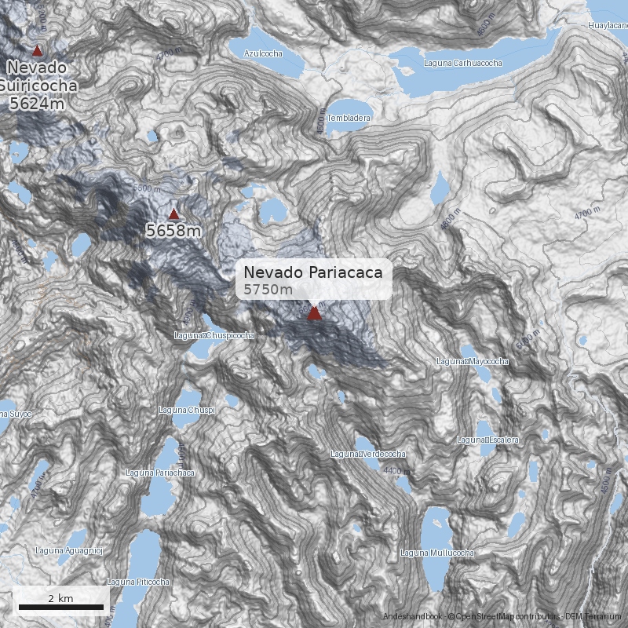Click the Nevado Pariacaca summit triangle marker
[314, 313]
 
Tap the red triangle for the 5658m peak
[173, 214]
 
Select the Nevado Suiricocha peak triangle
[37, 50]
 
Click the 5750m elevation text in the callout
[268, 290]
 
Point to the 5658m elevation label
[173, 231]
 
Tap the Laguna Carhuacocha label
[462, 62]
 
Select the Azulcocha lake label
[262, 53]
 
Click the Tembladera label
[349, 118]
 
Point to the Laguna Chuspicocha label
[214, 335]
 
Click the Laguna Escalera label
[487, 440]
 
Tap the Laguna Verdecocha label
[367, 454]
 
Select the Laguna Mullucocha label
[437, 553]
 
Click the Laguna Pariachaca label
[160, 473]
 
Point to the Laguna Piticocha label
[138, 582]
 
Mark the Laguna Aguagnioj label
[69, 550]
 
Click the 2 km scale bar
[60, 606]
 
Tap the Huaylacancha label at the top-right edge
[608, 26]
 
